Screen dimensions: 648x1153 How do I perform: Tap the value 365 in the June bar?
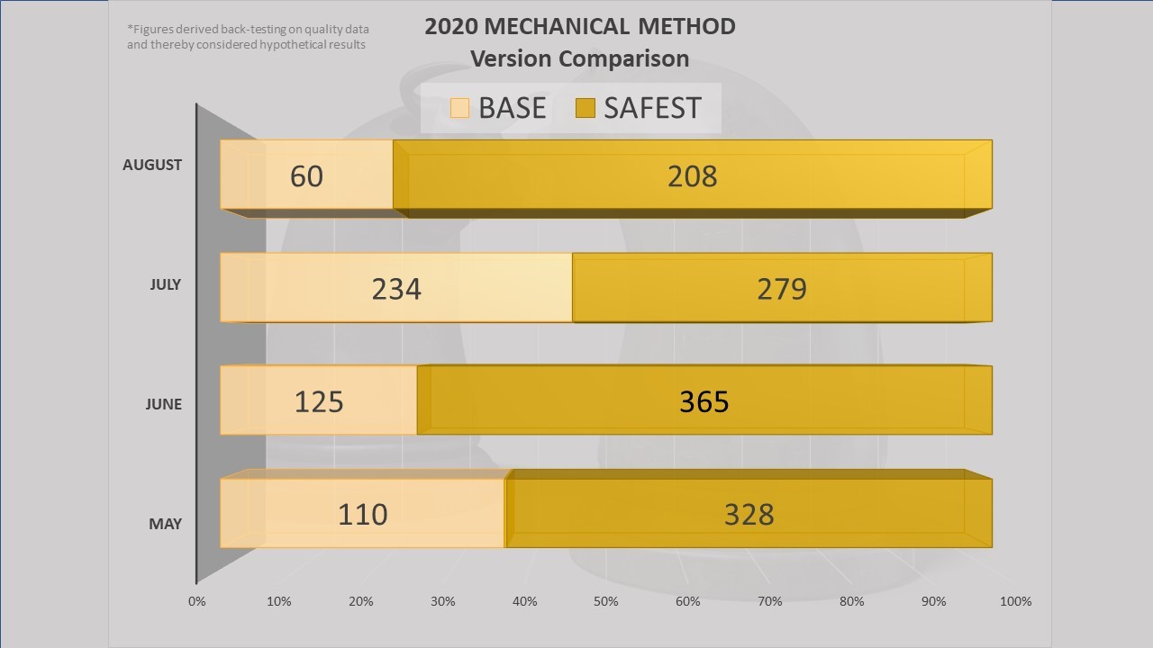click(704, 400)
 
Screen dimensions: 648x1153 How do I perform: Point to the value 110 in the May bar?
click(363, 514)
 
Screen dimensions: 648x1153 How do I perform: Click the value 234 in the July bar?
click(396, 288)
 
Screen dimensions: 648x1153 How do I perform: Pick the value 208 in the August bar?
click(692, 175)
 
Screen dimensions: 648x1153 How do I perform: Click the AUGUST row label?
click(152, 165)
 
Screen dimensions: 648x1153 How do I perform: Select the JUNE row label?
click(163, 404)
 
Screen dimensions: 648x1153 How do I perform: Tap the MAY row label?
click(165, 524)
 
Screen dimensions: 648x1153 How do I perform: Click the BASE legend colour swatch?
click(459, 109)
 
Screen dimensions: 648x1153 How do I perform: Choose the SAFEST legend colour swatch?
click(585, 109)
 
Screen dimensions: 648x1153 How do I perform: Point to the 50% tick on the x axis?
click(606, 601)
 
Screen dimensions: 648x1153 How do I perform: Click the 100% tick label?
click(1015, 601)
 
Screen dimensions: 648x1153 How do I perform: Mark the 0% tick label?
click(197, 601)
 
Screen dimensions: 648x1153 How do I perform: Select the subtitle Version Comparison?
click(579, 59)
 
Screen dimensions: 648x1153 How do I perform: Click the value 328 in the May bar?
click(749, 514)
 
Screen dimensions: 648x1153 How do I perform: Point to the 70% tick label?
click(770, 601)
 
